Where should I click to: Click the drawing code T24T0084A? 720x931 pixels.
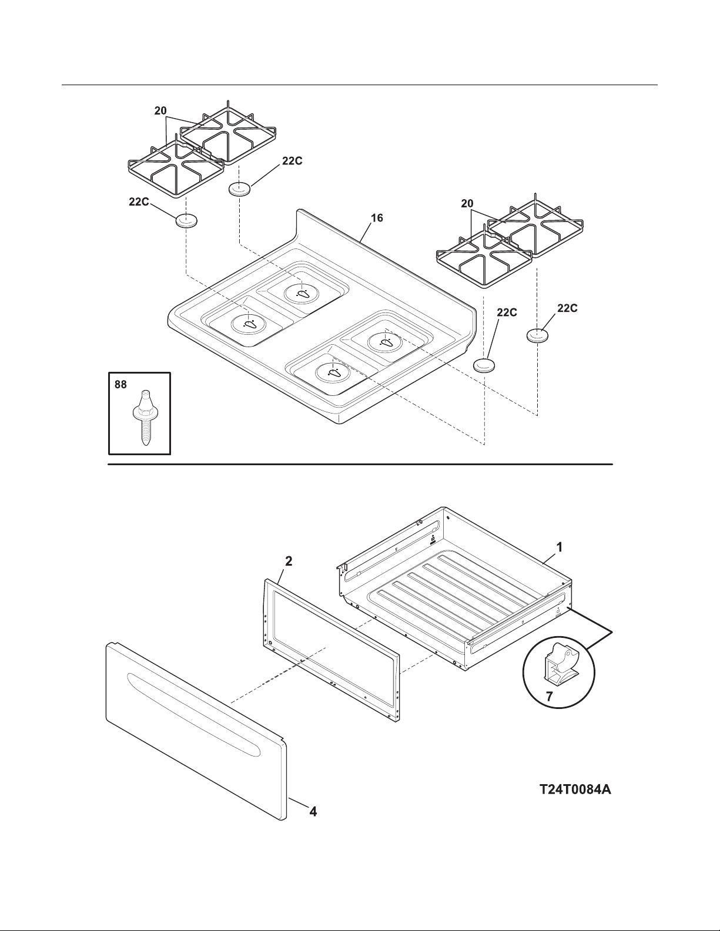[575, 789]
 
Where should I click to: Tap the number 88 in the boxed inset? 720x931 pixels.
[120, 385]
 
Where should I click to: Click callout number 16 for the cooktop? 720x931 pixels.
[377, 218]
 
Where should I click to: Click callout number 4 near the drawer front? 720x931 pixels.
[313, 811]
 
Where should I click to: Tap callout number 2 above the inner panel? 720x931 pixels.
[289, 561]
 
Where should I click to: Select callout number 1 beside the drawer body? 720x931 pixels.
[560, 547]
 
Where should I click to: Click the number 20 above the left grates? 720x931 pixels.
[160, 111]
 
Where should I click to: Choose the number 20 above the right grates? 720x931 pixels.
[467, 203]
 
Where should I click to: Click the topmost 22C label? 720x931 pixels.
[292, 161]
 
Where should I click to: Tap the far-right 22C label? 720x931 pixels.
[567, 308]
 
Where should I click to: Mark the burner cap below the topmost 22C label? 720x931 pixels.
[239, 189]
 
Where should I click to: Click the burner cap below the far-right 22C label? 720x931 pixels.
[537, 335]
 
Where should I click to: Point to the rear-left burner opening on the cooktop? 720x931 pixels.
[302, 293]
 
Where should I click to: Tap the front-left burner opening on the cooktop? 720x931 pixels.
[249, 324]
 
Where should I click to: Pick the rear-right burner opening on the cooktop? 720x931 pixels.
[386, 341]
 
